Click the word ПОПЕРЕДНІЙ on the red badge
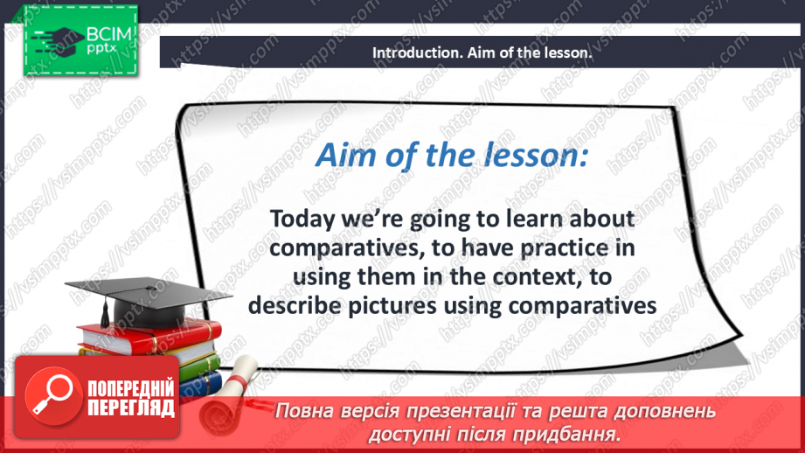point(131,389)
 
